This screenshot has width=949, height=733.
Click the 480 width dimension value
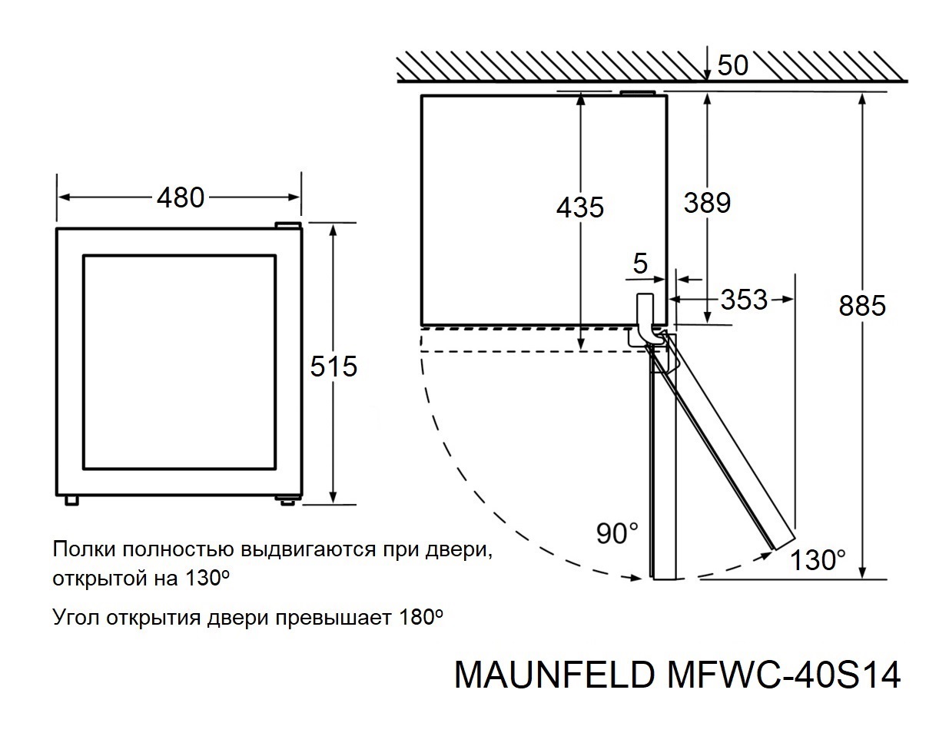[181, 198]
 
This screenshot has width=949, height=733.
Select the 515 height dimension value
[334, 366]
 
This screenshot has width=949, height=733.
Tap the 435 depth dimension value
[580, 207]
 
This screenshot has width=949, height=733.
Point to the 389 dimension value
[707, 203]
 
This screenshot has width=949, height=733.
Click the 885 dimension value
[862, 307]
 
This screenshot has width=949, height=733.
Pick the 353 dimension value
[744, 300]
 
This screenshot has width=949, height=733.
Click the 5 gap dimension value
[640, 265]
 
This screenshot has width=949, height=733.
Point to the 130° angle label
[819, 560]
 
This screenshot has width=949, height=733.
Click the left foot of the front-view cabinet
[72, 499]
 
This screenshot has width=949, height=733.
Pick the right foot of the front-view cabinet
[287, 499]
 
